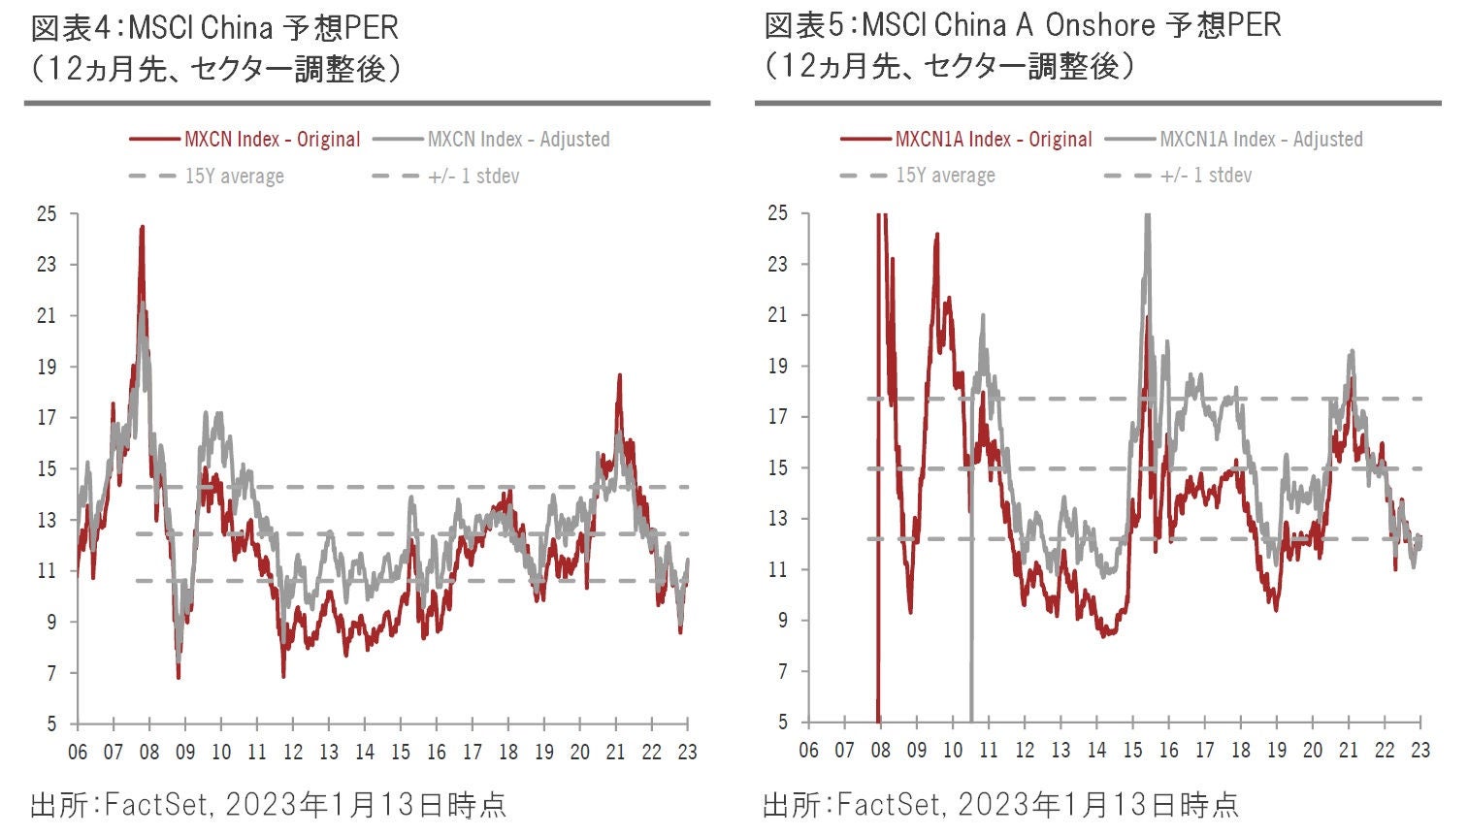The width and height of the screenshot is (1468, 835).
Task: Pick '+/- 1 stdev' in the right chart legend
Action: pos(1207,176)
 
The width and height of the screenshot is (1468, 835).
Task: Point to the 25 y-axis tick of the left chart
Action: pos(47,213)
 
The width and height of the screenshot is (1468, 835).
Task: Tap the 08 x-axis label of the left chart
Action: pos(148,753)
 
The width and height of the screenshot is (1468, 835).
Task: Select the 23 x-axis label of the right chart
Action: pos(1419,751)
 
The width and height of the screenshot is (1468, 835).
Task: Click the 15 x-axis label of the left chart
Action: pos(401,753)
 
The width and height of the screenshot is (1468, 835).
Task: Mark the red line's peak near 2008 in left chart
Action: pos(143,228)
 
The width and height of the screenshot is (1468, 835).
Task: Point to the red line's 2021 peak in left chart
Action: pos(619,375)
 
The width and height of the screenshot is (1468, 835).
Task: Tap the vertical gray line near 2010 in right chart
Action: pos(971,582)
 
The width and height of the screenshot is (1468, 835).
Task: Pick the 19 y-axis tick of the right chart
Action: pos(778,367)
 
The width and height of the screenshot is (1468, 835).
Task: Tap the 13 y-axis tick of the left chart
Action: pos(47,520)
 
